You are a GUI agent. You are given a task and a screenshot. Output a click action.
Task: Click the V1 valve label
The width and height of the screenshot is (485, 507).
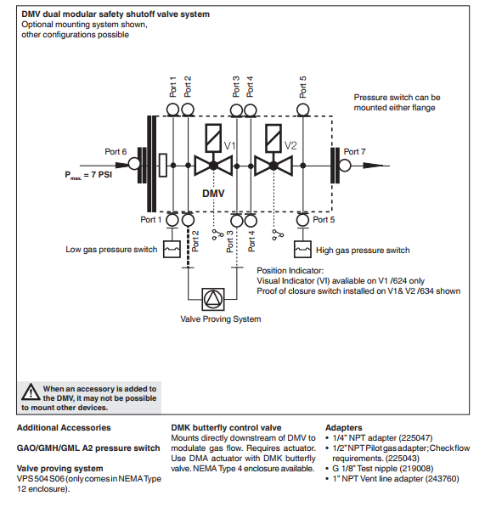click(x=229, y=146)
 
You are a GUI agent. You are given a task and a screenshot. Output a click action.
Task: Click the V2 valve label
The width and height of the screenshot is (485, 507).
click(x=290, y=146)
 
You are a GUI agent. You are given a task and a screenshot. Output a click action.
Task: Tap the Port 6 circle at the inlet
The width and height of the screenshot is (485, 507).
click(x=134, y=164)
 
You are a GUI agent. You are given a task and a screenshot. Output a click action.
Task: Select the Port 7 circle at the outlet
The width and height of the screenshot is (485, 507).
click(x=345, y=166)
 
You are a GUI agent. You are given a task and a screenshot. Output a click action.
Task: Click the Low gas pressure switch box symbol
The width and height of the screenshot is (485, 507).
click(x=172, y=250)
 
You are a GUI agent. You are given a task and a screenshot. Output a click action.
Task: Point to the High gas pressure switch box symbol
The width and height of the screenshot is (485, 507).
click(x=302, y=250)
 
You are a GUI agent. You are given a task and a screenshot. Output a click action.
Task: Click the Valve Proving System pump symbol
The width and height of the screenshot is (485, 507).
click(x=213, y=299)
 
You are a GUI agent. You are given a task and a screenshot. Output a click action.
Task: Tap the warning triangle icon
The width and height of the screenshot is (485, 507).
click(x=31, y=392)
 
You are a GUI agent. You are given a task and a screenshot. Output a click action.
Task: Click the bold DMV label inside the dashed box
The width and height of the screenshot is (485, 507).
click(x=213, y=194)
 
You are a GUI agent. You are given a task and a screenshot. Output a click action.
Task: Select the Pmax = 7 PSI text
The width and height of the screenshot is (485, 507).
click(x=88, y=175)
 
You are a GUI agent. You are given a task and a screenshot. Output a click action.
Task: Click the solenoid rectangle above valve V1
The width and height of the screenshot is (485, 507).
click(x=213, y=138)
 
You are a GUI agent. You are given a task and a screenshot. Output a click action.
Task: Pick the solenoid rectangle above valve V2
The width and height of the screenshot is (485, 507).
click(x=274, y=138)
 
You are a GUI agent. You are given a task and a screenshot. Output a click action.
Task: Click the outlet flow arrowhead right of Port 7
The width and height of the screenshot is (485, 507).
click(x=373, y=166)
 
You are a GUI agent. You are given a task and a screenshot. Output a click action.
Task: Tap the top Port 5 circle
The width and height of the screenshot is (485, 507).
click(x=303, y=110)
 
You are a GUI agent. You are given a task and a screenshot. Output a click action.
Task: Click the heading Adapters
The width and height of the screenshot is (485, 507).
click(x=344, y=428)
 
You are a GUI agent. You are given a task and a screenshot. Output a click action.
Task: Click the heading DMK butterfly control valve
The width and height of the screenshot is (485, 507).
click(x=226, y=428)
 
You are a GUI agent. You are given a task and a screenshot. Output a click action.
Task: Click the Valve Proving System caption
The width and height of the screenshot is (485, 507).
click(x=221, y=319)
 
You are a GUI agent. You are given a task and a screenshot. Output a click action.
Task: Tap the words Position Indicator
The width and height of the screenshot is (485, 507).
click(x=290, y=271)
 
